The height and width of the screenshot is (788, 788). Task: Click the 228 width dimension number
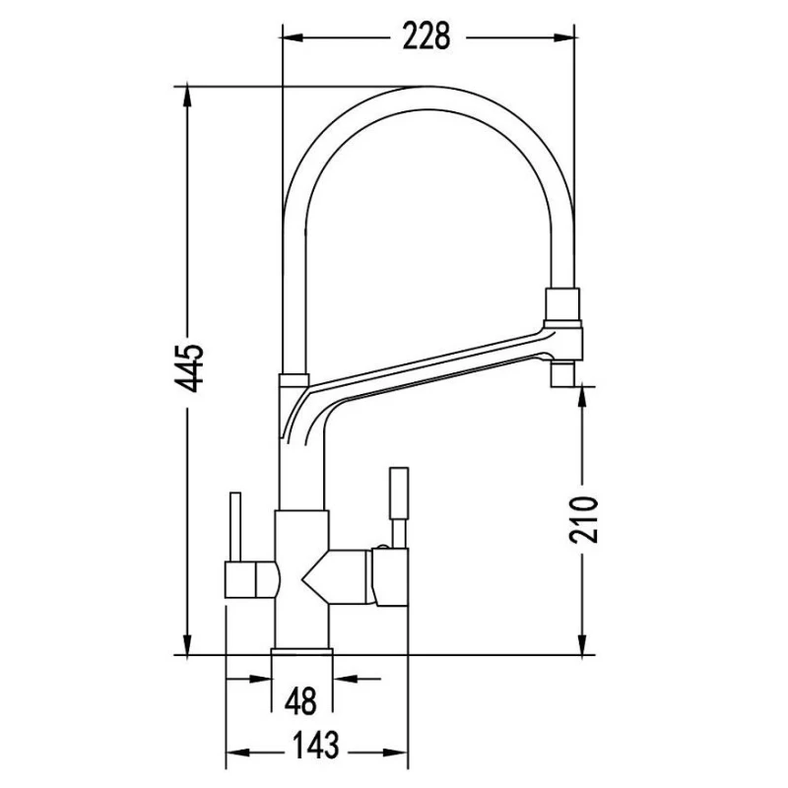tap(427, 37)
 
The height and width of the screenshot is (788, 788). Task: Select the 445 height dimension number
tap(189, 367)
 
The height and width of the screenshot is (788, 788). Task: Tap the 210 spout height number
tap(583, 519)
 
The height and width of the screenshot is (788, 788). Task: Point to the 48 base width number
tap(300, 700)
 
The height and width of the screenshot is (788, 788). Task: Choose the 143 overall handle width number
tap(315, 745)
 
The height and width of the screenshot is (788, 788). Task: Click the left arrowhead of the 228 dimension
tap(293, 37)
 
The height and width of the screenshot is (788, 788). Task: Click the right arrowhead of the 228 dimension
tap(563, 37)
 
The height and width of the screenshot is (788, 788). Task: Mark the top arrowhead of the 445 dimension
tap(187, 97)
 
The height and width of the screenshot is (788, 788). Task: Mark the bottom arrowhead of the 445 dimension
tap(187, 644)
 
